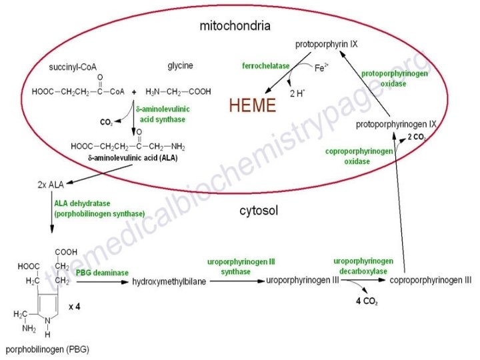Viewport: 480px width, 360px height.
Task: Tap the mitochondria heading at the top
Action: [235, 26]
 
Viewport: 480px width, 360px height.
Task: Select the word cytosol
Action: [259, 211]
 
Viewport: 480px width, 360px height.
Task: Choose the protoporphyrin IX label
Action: [327, 44]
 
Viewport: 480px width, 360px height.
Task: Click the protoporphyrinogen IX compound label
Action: [396, 125]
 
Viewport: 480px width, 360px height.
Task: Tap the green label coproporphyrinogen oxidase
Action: [359, 156]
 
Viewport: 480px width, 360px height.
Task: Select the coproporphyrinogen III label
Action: [430, 281]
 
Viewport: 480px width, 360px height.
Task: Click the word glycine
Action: [180, 65]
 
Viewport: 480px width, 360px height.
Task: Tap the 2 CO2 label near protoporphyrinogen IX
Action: [418, 137]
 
